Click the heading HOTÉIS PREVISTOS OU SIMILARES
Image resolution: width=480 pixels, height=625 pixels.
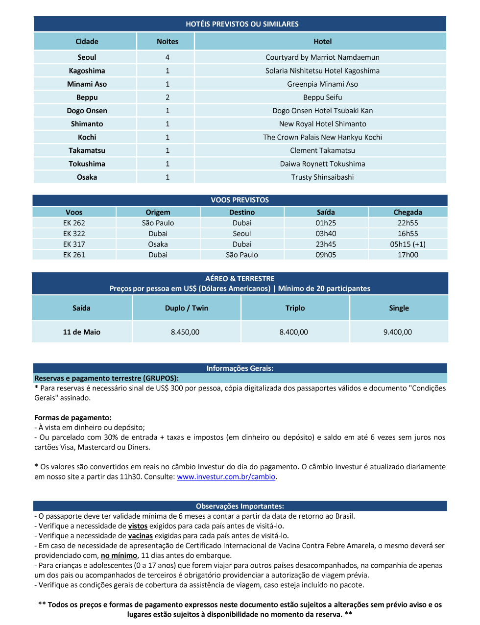coord(242,24)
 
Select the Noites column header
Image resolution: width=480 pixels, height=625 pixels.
coord(168,42)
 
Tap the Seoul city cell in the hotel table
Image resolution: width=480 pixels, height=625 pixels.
coord(87,57)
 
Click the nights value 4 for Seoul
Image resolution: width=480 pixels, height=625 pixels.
coord(168,57)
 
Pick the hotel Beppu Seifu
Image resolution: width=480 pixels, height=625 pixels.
coord(322,97)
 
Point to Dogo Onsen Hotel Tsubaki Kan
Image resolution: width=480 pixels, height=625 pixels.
coord(322,111)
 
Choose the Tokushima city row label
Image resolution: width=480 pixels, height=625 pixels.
coord(87,164)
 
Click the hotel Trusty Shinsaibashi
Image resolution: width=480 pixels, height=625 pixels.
coord(322,177)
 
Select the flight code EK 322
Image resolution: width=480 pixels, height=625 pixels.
coord(74,234)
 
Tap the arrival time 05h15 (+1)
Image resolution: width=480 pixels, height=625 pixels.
coord(408,244)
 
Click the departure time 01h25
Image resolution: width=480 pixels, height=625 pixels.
coord(326,223)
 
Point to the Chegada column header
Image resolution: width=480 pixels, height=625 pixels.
coord(408,212)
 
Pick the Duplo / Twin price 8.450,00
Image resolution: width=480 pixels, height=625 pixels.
coord(185,332)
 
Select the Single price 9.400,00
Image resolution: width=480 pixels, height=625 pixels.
coord(398,332)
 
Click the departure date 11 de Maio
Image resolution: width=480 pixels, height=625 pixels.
coord(81,332)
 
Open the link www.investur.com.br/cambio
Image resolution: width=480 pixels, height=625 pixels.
coord(226,477)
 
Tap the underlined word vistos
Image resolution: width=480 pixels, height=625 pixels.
coord(138,526)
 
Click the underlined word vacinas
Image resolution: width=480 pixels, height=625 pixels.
coord(141,536)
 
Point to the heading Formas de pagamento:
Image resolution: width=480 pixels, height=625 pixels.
coord(73,418)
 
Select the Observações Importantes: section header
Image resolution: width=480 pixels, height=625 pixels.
coord(240,506)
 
